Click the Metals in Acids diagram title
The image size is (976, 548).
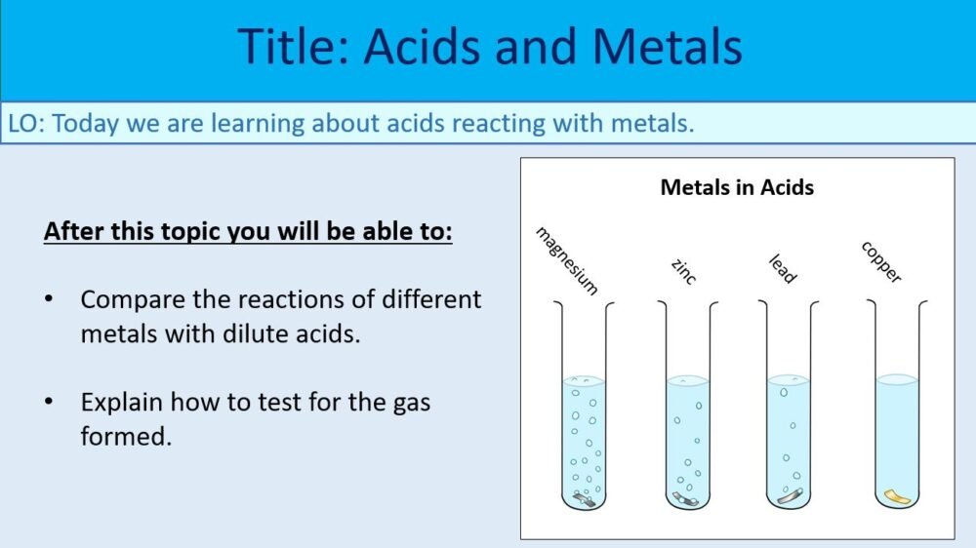737,187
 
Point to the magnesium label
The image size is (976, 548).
566,260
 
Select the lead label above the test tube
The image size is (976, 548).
783,269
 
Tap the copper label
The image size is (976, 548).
880,262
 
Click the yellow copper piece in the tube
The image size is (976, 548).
896,497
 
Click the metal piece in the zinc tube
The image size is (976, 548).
686,499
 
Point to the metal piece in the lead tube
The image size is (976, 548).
790,497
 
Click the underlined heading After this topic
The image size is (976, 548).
248,234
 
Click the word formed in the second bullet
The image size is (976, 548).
126,436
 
